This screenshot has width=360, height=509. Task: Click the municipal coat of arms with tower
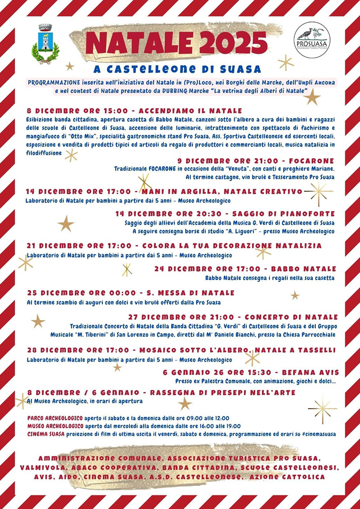click(45, 44)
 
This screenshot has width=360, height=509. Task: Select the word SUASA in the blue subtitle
click(241, 69)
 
